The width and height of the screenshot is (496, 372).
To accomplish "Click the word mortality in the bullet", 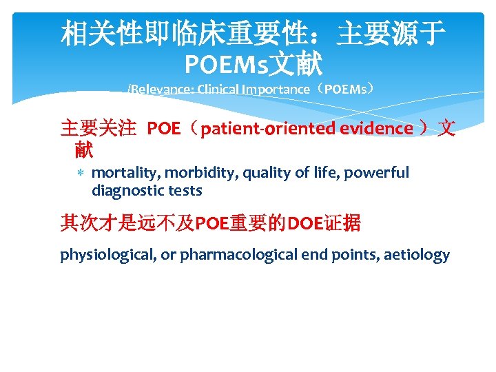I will click(x=120, y=173).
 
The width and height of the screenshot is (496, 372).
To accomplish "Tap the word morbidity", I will click(x=187, y=173).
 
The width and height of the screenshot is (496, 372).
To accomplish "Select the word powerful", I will click(x=379, y=173).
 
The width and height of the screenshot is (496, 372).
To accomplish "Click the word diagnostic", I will click(x=125, y=191).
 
